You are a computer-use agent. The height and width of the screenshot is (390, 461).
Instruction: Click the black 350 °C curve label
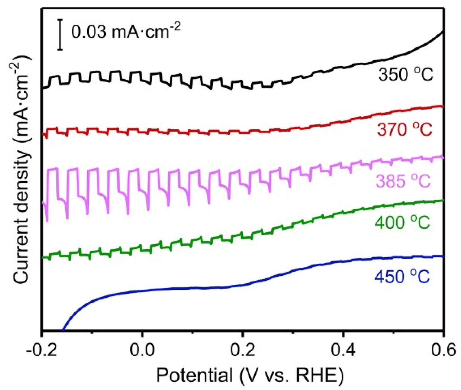(x=405, y=75)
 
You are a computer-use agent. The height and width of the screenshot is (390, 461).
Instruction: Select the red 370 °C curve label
(x=404, y=130)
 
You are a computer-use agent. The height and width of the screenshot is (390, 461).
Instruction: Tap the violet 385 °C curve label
(x=403, y=182)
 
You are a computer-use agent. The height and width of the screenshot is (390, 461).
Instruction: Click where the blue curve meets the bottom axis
(x=62, y=330)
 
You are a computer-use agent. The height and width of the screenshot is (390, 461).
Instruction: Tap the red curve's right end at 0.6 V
(x=442, y=106)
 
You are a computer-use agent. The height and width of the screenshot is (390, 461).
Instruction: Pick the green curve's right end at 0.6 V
(x=442, y=200)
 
